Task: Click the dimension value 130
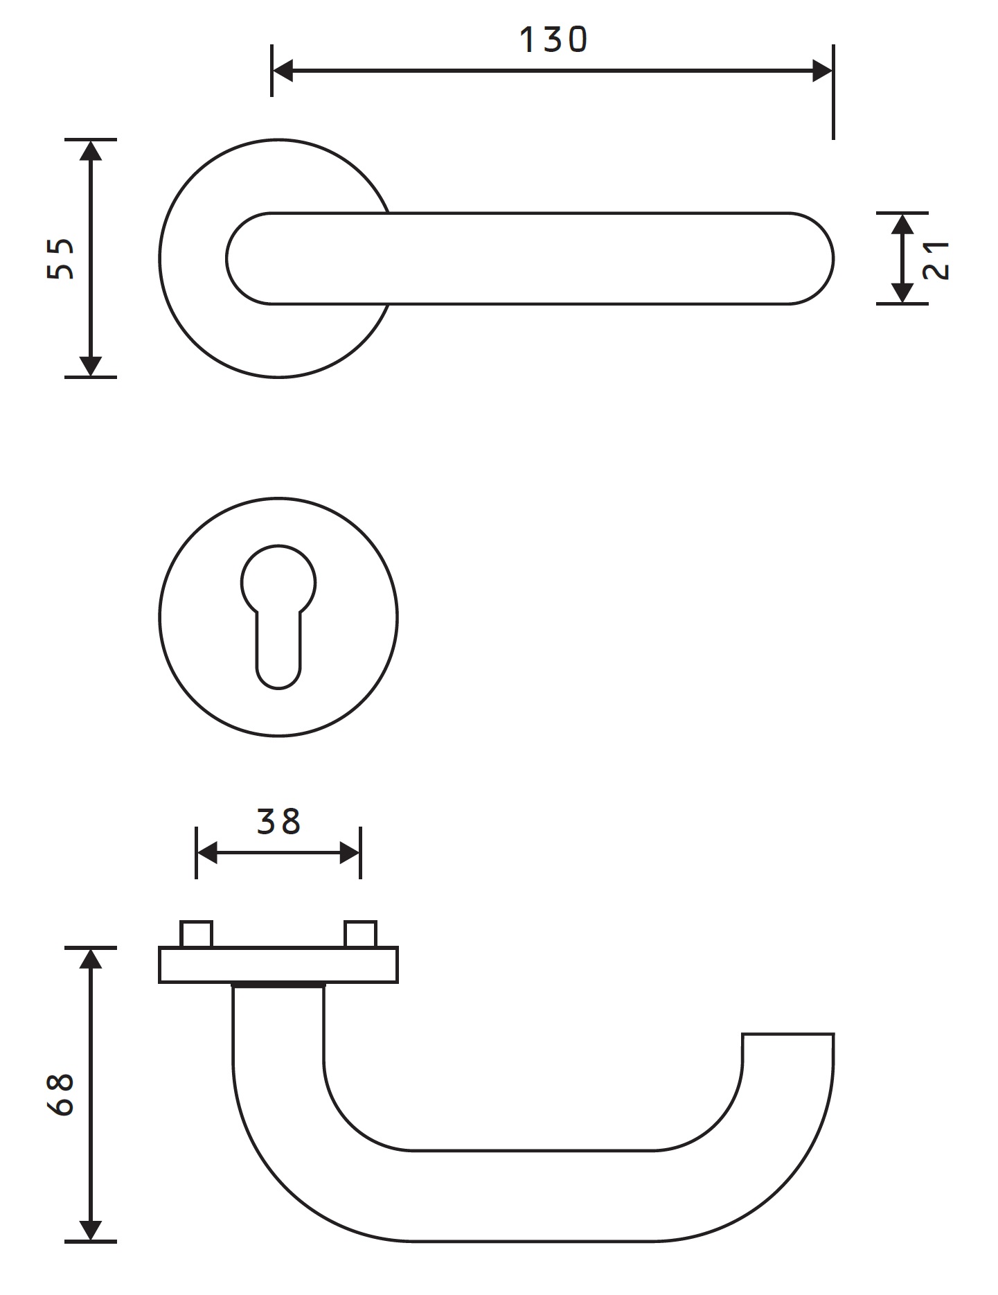coord(553,40)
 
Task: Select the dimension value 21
coord(936,259)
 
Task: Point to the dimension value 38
coord(278,822)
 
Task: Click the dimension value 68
coord(61,1095)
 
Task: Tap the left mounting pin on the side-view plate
coord(196,934)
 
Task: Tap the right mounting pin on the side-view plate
coord(360,934)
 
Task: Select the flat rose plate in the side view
coord(278,964)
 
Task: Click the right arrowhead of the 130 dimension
coord(822,71)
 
